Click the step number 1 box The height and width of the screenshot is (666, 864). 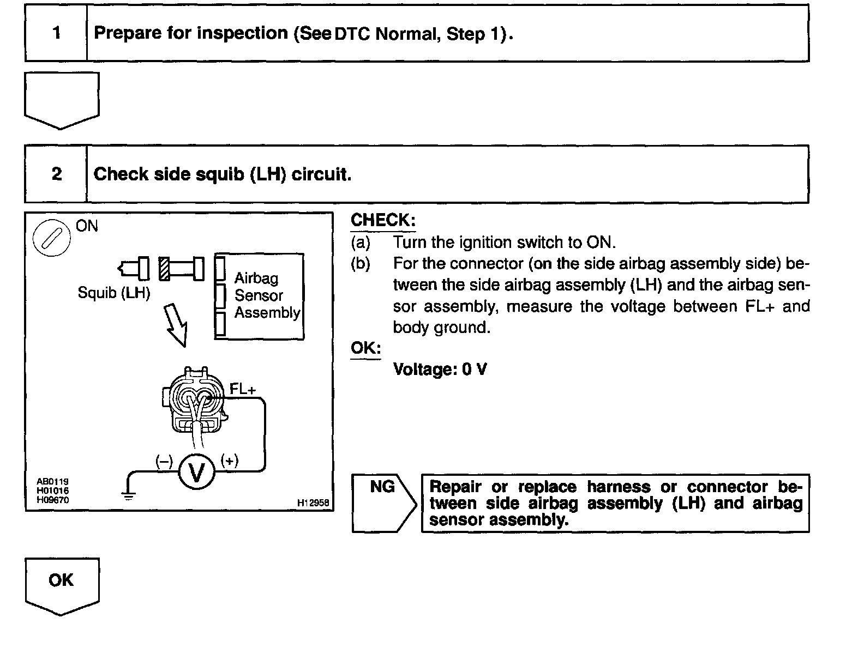[x=56, y=33]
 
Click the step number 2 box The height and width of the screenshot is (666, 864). [x=56, y=174]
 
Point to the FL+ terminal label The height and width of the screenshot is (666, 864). [x=243, y=389]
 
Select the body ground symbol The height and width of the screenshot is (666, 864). [x=128, y=495]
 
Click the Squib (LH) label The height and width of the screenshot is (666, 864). [x=113, y=293]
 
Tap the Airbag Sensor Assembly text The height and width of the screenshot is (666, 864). [x=267, y=295]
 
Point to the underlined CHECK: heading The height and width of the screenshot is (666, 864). [x=383, y=220]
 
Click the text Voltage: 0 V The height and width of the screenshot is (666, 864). [x=440, y=370]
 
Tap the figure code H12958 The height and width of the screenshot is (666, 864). [x=313, y=503]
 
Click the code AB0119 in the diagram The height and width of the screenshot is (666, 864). [x=52, y=481]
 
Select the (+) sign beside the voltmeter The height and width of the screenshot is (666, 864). [x=230, y=461]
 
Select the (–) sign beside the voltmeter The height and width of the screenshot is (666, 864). [x=164, y=462]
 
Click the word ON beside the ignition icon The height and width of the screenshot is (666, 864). [x=87, y=226]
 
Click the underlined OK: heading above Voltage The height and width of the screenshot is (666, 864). [x=365, y=348]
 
